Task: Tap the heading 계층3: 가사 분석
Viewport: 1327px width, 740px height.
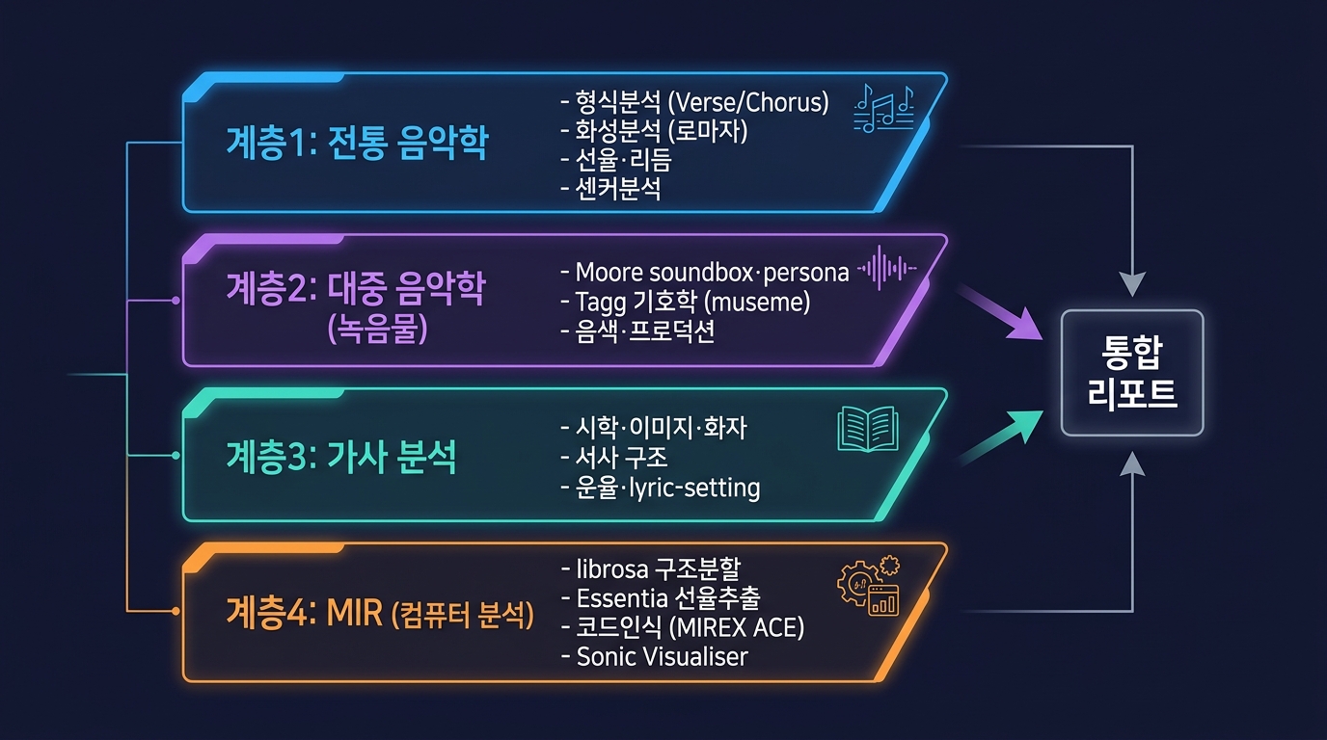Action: click(x=341, y=457)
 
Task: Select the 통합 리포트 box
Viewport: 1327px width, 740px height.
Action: click(x=1132, y=373)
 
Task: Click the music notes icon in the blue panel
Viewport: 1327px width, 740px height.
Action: click(x=884, y=108)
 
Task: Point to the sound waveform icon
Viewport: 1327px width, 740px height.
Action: click(x=887, y=268)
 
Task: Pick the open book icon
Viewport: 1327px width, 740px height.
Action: click(x=868, y=429)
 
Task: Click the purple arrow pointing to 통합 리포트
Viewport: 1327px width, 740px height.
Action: click(x=1000, y=312)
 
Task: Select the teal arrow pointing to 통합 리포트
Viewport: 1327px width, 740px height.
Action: click(x=1000, y=436)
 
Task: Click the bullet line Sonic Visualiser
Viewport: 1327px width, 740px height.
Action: click(x=654, y=656)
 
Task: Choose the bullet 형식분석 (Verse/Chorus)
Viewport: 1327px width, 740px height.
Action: click(x=694, y=102)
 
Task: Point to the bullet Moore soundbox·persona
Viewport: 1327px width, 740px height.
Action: click(x=704, y=273)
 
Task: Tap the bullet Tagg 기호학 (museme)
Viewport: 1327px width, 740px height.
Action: click(x=685, y=302)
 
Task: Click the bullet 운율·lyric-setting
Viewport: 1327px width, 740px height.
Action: click(x=660, y=488)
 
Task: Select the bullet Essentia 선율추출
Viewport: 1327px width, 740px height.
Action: click(x=660, y=598)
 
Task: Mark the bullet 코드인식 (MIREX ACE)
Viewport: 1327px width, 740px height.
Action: click(x=683, y=627)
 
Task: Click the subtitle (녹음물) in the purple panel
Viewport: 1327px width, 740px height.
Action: click(x=377, y=329)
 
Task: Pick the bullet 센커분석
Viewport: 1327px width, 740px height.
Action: click(x=610, y=189)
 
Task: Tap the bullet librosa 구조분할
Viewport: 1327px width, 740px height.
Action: click(x=650, y=569)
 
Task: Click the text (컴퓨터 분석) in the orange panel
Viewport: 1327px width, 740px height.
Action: click(x=463, y=615)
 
